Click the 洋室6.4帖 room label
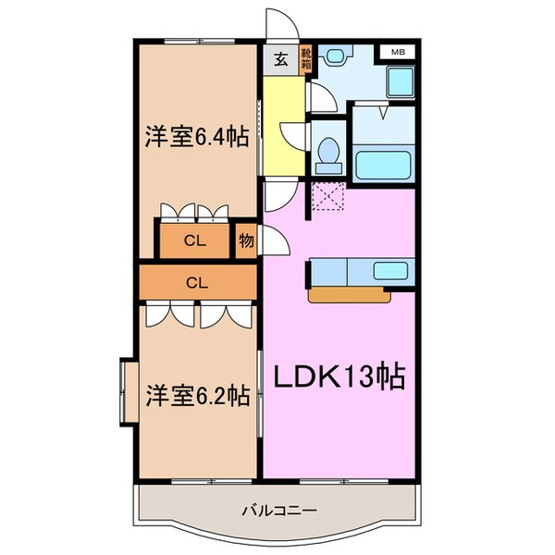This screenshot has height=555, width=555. (195, 138)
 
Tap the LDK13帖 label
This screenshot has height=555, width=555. (339, 376)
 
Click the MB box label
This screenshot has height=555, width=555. (397, 52)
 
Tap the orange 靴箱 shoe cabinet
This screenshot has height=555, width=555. (307, 60)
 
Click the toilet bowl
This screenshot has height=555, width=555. (327, 154)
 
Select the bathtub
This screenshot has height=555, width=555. (387, 163)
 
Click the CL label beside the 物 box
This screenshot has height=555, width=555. (193, 242)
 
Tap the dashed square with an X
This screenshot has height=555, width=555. (327, 197)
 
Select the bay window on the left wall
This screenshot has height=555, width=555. (129, 393)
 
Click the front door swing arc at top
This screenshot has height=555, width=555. (278, 23)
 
